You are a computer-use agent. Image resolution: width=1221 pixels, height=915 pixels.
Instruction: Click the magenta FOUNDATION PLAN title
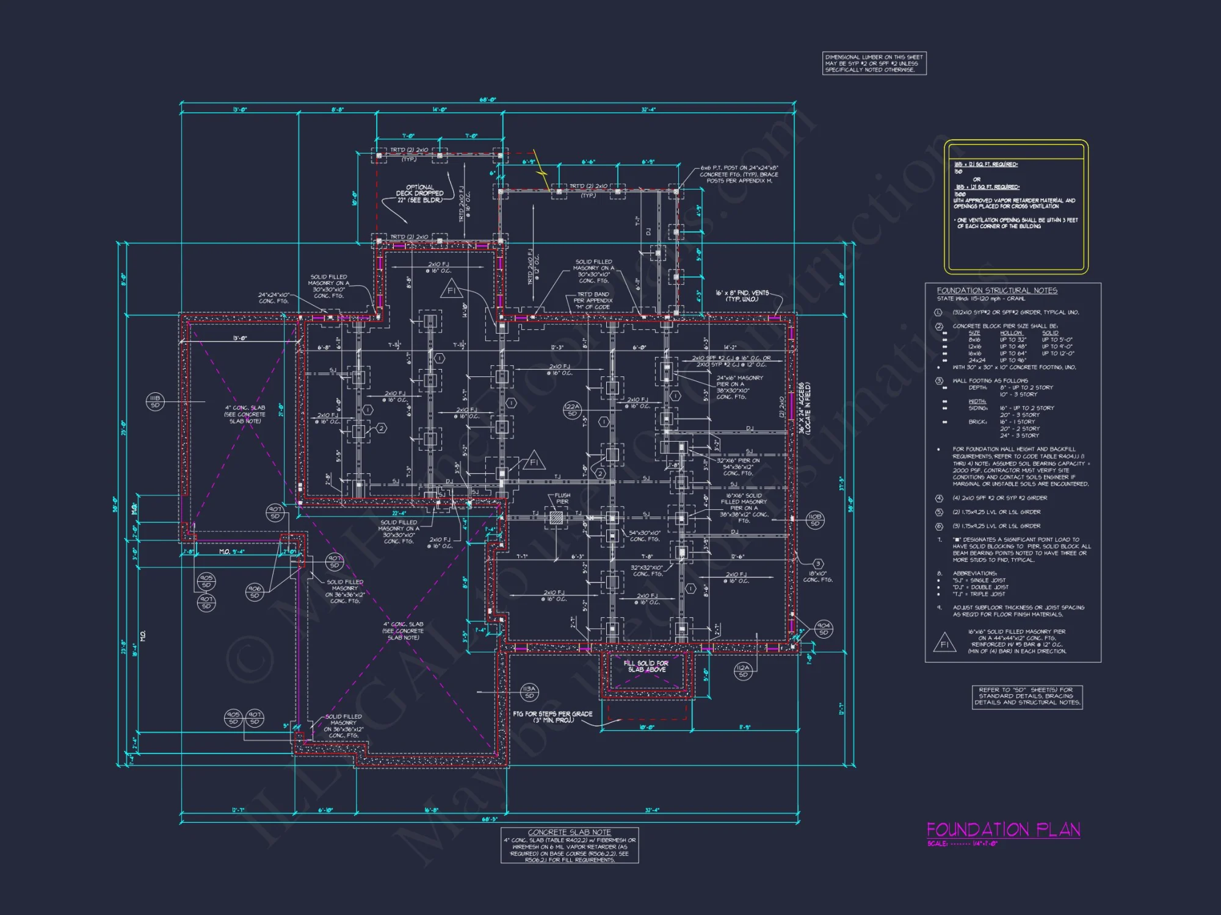(1003, 830)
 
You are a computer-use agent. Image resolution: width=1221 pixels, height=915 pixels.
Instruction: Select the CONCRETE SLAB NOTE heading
(569, 832)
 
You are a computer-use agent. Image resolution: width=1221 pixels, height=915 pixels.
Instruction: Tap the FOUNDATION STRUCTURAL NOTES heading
(997, 290)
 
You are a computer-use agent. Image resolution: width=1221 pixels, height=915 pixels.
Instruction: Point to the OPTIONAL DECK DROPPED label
(420, 193)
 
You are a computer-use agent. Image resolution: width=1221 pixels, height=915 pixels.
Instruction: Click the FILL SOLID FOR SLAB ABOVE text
(646, 666)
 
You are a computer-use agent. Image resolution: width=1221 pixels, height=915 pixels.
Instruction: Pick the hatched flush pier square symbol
(556, 518)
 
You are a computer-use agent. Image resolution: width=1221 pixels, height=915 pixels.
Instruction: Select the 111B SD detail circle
(155, 401)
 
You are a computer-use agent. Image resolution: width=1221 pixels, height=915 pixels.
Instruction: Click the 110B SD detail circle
(814, 520)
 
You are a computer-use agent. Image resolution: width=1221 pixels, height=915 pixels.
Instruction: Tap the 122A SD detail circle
(572, 410)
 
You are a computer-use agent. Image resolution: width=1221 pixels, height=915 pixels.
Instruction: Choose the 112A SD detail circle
(743, 671)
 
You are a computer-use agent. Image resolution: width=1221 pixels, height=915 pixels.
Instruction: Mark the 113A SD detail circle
(529, 692)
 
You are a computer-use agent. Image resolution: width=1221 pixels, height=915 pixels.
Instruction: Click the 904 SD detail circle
(824, 629)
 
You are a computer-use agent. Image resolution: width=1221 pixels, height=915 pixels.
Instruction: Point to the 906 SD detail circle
(255, 592)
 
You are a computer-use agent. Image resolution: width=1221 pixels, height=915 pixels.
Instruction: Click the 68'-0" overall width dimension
(487, 100)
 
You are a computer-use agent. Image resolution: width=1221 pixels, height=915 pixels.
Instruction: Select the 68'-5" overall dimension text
(490, 819)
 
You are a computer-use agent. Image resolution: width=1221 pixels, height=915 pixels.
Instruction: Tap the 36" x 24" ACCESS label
(805, 408)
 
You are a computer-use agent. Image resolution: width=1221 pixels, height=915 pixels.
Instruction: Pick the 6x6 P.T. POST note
(739, 174)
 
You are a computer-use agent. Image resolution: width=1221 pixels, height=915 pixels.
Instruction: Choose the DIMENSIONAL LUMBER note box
(874, 63)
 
